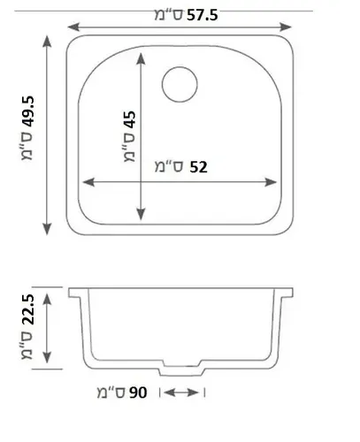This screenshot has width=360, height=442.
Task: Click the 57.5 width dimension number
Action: tap(203, 15)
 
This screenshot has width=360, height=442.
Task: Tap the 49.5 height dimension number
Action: tap(28, 112)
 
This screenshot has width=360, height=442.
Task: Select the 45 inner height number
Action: tap(130, 120)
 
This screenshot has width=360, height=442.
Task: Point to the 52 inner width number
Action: tap(198, 167)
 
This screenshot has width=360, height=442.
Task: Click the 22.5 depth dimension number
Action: tap(28, 310)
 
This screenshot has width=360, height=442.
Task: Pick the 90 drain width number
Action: tap(138, 392)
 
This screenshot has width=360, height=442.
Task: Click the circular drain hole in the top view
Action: tap(180, 85)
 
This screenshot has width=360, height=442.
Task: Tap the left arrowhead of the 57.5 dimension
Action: tap(73, 27)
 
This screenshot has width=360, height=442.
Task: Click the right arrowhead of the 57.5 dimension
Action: tap(286, 27)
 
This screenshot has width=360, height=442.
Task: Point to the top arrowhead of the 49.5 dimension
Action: tap(47, 42)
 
